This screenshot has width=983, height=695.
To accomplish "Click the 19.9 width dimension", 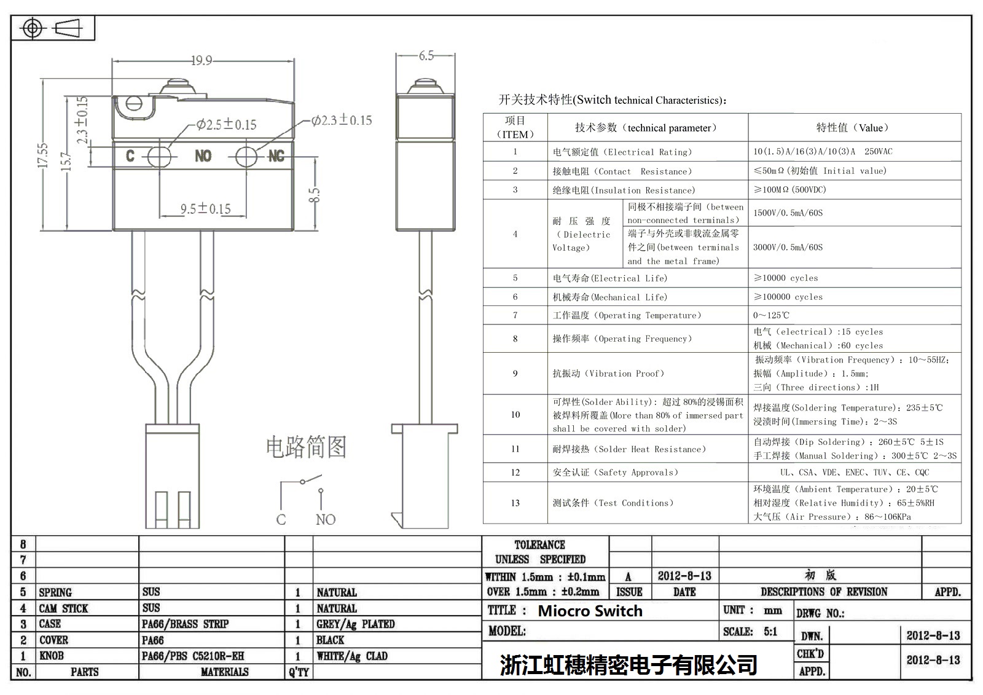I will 202,60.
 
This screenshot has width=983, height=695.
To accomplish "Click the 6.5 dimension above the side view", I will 426,56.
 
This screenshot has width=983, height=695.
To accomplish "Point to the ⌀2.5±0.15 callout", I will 227,125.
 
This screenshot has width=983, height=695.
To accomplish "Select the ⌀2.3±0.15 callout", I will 342,120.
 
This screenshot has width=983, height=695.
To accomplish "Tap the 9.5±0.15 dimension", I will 205,209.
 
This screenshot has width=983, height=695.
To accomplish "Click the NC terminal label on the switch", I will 276,157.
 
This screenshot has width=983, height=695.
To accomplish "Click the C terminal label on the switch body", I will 130,156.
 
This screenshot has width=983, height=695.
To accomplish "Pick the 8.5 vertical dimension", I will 314,195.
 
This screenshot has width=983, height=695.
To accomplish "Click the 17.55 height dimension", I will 42,155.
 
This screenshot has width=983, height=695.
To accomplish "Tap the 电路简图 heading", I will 306,447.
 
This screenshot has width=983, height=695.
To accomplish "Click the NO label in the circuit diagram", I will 326,520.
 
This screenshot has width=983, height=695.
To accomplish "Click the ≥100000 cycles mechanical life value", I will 788,297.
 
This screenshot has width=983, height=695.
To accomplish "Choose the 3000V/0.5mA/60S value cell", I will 788,247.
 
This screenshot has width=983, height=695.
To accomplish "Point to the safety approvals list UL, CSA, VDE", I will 854,473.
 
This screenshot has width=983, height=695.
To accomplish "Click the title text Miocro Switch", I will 590,611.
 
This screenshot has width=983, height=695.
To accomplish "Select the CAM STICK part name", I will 63,608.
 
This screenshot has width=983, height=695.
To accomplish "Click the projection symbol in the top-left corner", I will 52,28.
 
